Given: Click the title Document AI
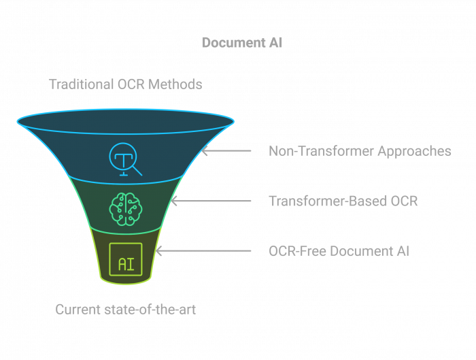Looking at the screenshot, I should coord(241,43).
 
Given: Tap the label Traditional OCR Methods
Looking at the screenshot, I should coord(125,85).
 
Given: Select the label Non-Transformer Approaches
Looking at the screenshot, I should coord(360,151).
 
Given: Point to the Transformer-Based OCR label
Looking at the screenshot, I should coord(343,201).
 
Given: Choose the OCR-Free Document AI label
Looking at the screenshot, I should coord(339,251).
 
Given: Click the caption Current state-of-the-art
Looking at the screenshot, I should coord(125,310).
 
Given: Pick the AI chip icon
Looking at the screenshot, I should coord(126,259).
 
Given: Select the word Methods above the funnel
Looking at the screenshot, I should coord(177,85).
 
